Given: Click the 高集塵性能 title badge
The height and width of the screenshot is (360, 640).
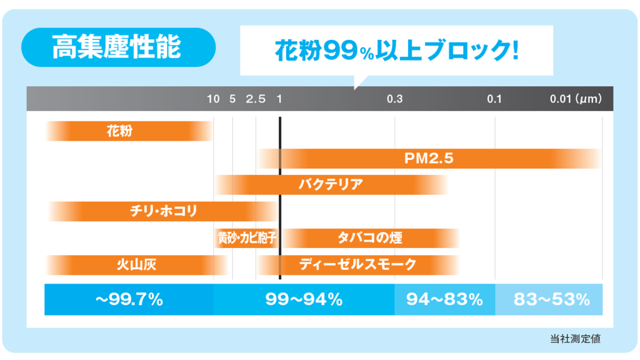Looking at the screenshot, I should pyautogui.click(x=117, y=47).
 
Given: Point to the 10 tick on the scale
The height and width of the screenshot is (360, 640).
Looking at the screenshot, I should pyautogui.click(x=213, y=99).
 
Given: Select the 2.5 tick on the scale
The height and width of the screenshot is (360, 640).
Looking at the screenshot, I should pyautogui.click(x=256, y=99).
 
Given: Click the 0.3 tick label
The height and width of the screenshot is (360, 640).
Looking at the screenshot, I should pyautogui.click(x=395, y=99).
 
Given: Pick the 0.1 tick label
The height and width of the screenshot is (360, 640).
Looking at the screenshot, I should pyautogui.click(x=494, y=99).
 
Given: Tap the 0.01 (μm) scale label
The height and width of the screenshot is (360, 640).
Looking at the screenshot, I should pyautogui.click(x=576, y=99).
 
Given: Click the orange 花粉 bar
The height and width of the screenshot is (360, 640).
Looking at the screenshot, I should pyautogui.click(x=128, y=131).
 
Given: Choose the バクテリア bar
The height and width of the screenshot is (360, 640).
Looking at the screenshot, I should pyautogui.click(x=331, y=185).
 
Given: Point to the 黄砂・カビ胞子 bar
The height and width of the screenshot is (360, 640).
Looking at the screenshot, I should pyautogui.click(x=246, y=237).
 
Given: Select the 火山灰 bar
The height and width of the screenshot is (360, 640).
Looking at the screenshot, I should pyautogui.click(x=137, y=265).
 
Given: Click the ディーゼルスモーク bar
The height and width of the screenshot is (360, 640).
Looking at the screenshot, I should pyautogui.click(x=358, y=265).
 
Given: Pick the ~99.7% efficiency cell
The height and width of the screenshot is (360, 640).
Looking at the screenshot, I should pyautogui.click(x=129, y=300).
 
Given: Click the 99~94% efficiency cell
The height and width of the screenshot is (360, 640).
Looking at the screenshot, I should pyautogui.click(x=303, y=300).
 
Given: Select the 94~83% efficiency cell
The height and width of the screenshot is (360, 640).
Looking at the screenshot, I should pyautogui.click(x=444, y=300).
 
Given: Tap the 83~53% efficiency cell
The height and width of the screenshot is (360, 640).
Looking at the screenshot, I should pyautogui.click(x=549, y=300).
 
